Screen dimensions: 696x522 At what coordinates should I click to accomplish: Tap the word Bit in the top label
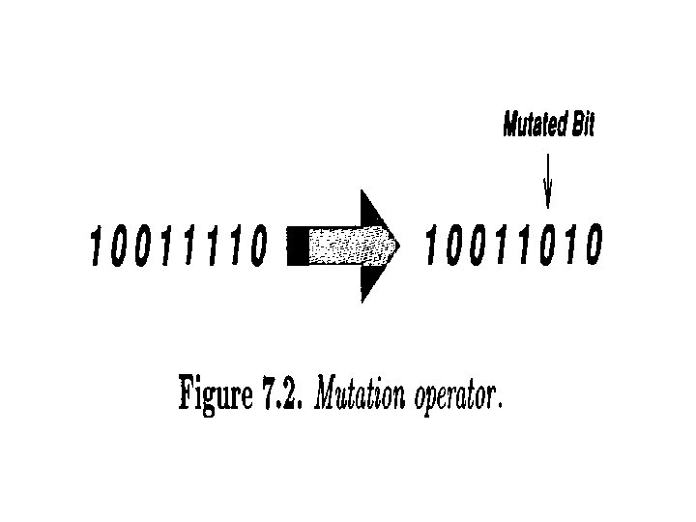[x=582, y=127]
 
